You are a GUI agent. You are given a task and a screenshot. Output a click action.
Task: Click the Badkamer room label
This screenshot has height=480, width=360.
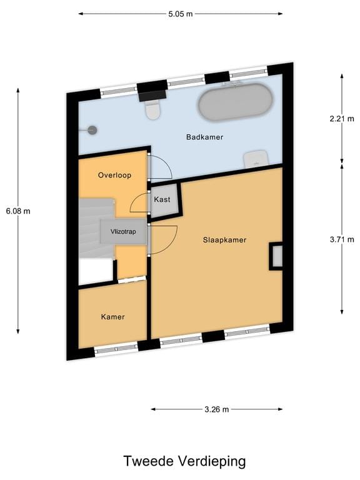click(204, 137)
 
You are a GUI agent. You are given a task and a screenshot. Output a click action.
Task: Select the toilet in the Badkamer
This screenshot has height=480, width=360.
click(152, 110)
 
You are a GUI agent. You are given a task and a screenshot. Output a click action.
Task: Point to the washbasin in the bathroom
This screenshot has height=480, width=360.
click(256, 158)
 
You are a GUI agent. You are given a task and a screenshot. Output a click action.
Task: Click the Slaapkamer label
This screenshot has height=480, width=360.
click(224, 239)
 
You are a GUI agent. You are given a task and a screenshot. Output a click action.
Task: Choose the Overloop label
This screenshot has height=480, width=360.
click(114, 176)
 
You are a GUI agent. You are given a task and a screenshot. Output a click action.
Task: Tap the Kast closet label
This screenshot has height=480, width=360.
click(162, 199)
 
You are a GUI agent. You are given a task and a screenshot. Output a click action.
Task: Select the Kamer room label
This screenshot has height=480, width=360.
click(113, 317)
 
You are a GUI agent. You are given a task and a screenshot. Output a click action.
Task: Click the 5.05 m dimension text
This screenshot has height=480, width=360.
click(181, 13)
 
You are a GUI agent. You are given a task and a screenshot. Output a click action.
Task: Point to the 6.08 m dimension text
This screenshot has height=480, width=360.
click(17, 211)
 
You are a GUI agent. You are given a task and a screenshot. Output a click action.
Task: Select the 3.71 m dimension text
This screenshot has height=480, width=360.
click(341, 239)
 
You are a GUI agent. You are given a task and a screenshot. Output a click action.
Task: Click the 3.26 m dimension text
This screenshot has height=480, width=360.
click(216, 409)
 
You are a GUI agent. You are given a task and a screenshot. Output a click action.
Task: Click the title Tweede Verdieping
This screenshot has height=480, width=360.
click(184, 461)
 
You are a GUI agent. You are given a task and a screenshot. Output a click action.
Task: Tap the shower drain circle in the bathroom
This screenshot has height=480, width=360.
click(93, 130)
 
